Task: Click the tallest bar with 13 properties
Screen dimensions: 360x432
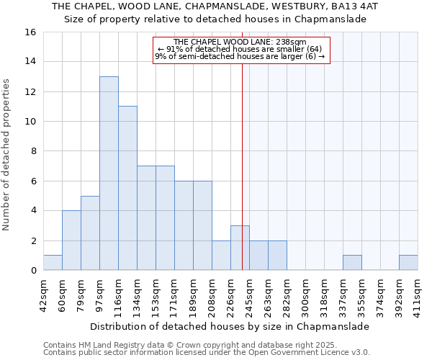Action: pyautogui.click(x=109, y=173)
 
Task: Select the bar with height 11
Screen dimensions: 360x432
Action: pyautogui.click(x=127, y=188)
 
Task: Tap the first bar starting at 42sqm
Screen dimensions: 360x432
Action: pyautogui.click(x=53, y=263)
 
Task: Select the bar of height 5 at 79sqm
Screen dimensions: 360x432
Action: pyautogui.click(x=90, y=233)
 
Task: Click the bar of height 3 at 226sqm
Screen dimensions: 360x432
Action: pyautogui.click(x=240, y=248)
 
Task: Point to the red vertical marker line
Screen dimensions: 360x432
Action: pyautogui.click(x=242, y=158)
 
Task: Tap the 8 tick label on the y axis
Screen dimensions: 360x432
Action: pyautogui.click(x=33, y=151)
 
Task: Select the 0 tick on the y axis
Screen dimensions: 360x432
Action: pyautogui.click(x=33, y=271)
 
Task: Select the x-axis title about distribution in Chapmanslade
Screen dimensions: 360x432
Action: pyautogui.click(x=230, y=326)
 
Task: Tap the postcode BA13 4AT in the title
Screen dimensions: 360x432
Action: pyautogui.click(x=357, y=6)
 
